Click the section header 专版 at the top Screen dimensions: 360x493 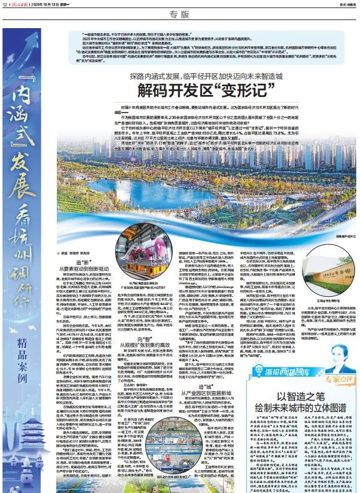point(179,14)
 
